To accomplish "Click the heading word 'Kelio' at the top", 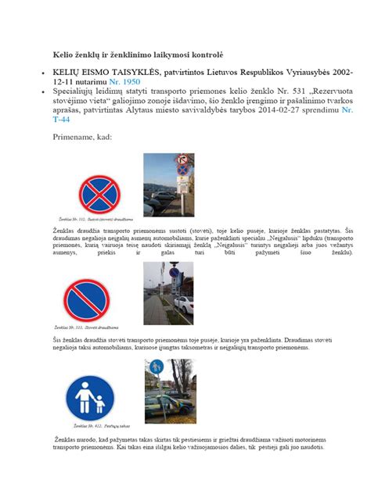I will point(65,57).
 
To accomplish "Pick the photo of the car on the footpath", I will point(170,391).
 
